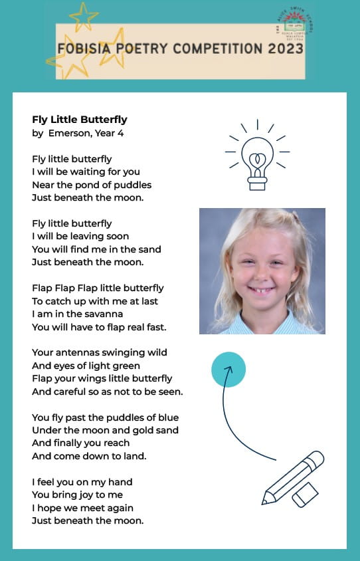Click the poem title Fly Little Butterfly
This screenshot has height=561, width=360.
80,120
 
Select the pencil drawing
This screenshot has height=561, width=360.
292,478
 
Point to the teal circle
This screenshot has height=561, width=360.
228,370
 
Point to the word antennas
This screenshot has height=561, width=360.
77,352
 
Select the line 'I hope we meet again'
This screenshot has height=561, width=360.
82,508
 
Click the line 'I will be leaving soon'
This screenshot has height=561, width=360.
80,236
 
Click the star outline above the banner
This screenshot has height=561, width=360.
83,16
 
